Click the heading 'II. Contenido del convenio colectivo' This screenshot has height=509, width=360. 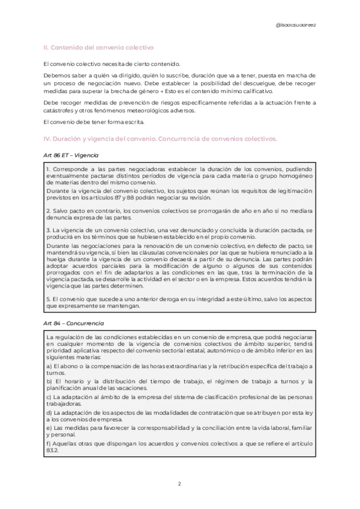(x=99, y=47)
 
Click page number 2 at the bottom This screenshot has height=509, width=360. (x=180, y=483)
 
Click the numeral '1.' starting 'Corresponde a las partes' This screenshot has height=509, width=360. (x=48, y=169)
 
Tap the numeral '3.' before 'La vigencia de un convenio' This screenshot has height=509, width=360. (x=48, y=230)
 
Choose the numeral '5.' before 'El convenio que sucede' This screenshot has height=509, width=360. (x=48, y=299)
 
